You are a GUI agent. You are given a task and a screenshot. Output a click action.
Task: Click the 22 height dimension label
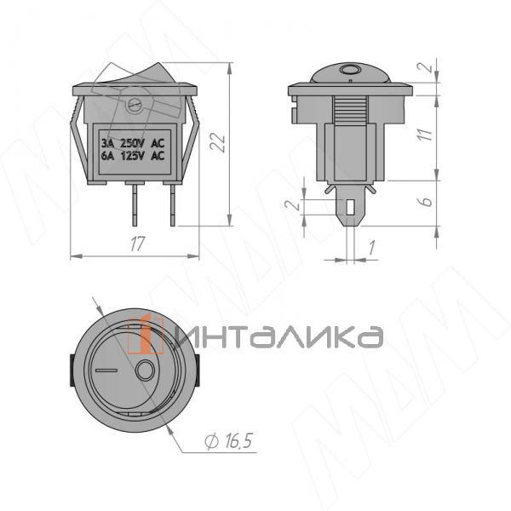point(218,143)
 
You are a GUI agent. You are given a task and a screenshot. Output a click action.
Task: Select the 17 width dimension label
point(136,244)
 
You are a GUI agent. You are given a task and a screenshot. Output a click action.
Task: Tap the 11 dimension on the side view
point(425,135)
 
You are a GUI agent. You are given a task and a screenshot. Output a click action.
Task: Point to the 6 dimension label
point(427,202)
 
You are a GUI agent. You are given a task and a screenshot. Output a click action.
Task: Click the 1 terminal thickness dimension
point(371,248)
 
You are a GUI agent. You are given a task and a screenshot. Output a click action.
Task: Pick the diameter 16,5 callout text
point(229,441)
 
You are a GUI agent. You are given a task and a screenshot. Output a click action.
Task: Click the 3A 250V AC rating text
point(133,143)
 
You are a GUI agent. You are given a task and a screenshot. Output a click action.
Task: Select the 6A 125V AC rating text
point(133,156)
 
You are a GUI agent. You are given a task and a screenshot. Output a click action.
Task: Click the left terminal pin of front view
point(135,204)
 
